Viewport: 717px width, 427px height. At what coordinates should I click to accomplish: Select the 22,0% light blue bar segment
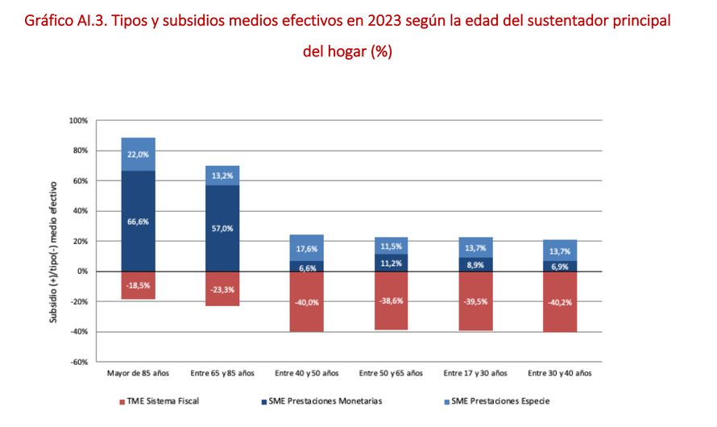pos(138,155)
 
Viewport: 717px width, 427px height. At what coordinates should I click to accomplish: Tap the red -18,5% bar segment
pos(138,285)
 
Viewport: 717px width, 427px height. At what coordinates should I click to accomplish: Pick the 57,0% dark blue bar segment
pos(222,229)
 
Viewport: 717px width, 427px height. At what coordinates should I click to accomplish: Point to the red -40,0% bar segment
pos(306,301)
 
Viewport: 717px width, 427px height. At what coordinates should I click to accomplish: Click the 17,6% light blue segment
pos(306,248)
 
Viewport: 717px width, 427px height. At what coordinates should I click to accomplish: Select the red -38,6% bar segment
pos(391,301)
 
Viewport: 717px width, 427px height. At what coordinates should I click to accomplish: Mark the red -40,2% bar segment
pos(559,302)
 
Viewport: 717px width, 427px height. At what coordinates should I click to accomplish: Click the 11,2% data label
pos(391,263)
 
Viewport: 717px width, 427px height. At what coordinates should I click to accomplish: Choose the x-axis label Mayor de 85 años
pos(138,373)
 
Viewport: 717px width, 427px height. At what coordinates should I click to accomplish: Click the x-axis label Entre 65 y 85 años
pos(222,373)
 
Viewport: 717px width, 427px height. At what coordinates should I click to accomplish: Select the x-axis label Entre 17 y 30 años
pos(475,373)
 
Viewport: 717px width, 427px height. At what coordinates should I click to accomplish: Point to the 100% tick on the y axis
pos(77,121)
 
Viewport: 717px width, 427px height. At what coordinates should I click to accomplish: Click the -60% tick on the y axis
pos(77,362)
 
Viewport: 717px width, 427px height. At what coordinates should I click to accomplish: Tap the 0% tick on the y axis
pos(82,272)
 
